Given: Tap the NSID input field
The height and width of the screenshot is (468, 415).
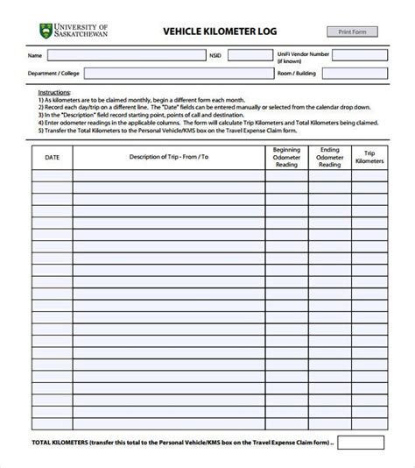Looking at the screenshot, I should point(249,54).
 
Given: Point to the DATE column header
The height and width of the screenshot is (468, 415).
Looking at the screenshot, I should point(52,157).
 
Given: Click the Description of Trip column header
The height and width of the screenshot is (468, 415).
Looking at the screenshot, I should point(168,157).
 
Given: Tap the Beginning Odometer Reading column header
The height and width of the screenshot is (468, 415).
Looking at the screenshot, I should point(285,157).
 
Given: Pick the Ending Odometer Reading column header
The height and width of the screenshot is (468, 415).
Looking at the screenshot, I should point(330,157).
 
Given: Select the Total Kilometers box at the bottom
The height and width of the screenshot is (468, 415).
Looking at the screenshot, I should point(361,442).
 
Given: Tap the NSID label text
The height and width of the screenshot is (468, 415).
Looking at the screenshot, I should point(216,54).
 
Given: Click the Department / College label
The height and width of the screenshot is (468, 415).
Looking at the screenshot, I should point(53,74).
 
